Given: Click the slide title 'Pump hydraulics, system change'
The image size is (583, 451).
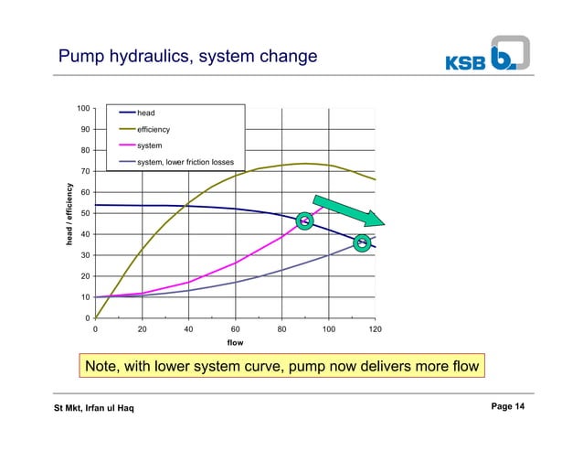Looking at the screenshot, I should pyautogui.click(x=187, y=58).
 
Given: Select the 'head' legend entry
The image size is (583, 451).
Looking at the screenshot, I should pyautogui.click(x=146, y=113).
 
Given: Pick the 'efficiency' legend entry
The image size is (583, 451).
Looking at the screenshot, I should pyautogui.click(x=154, y=130).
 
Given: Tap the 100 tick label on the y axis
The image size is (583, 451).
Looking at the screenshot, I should pyautogui.click(x=82, y=109).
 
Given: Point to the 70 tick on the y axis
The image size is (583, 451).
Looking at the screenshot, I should pyautogui.click(x=84, y=171).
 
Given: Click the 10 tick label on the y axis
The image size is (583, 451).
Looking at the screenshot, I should pyautogui.click(x=84, y=297).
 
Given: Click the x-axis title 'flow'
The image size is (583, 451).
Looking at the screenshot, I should pyautogui.click(x=236, y=345).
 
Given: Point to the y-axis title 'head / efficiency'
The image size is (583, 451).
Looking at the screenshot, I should pyautogui.click(x=69, y=214).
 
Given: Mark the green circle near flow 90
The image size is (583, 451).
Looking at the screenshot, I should pyautogui.click(x=306, y=220).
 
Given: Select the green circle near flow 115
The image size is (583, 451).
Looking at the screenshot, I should pyautogui.click(x=362, y=242).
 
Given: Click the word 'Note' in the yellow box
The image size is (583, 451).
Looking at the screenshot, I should pyautogui.click(x=104, y=368).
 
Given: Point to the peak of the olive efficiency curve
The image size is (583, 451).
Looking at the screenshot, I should pyautogui.click(x=305, y=164).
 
